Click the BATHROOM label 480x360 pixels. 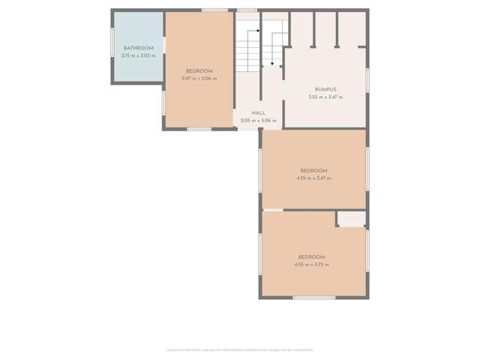pos(138,48)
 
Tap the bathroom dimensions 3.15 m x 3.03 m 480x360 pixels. pos(138,55)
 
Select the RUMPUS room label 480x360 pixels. pos(325,89)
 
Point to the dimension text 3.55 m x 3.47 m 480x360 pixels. pos(325,97)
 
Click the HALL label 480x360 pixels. pos(258,113)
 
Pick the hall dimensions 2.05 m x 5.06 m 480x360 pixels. pos(258,120)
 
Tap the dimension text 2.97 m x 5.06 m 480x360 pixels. pos(199,78)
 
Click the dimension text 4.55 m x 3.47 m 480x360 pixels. pos(313,178)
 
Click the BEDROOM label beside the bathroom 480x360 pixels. pos(199,70)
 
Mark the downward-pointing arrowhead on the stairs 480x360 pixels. pos(271,64)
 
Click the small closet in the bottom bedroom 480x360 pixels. pos(350,219)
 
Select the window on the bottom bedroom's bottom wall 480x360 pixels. pos(313,298)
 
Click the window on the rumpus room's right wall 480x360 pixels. pos(367,79)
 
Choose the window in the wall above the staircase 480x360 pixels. pos(247,10)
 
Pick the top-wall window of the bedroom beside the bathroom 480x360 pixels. pos(214,10)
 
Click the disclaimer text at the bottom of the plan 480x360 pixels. pos(240,349)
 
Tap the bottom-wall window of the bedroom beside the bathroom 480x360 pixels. pos(199,129)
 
